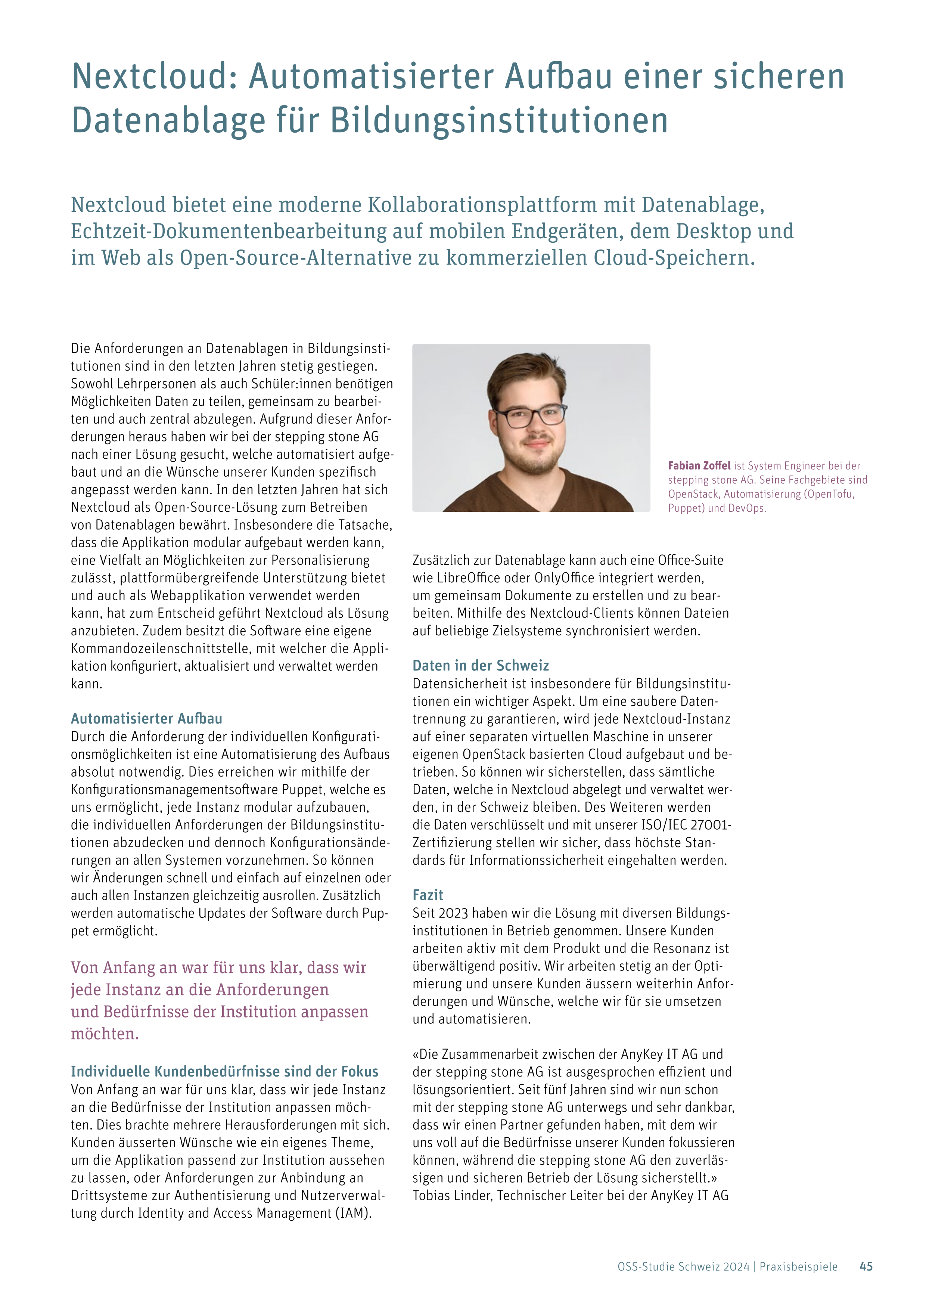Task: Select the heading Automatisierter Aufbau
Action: [x=146, y=718]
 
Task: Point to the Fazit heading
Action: [x=428, y=895]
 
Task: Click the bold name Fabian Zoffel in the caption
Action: [x=699, y=465]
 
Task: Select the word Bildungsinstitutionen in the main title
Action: [x=499, y=121]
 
